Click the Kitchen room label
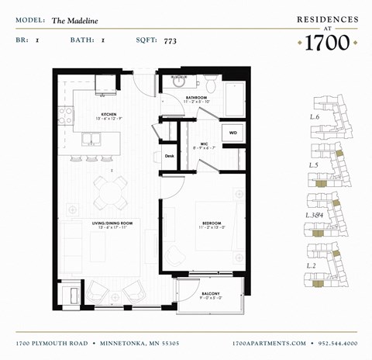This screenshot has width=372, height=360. [108, 115]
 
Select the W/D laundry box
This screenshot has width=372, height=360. [232, 133]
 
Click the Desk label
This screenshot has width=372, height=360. [169, 156]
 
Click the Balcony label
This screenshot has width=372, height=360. [210, 293]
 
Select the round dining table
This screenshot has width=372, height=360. [111, 189]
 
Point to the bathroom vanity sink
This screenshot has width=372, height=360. [179, 82]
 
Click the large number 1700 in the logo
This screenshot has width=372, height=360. [328, 43]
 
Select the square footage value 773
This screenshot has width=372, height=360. [171, 38]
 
